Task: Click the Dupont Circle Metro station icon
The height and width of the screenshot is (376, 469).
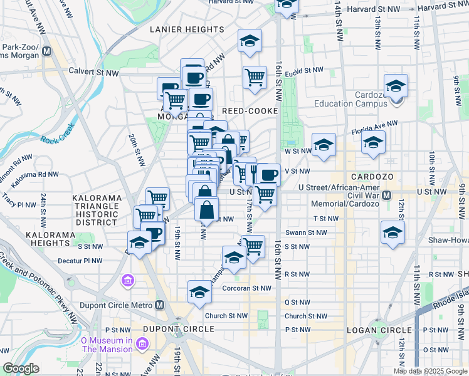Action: [160, 305]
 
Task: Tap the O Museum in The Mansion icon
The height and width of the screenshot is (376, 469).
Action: [142, 343]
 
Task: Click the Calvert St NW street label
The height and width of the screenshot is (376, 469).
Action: [94, 73]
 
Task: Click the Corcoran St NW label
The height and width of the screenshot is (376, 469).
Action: [247, 288]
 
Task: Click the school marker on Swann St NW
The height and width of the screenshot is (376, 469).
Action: [393, 233]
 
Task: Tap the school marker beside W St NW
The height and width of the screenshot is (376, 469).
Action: [323, 144]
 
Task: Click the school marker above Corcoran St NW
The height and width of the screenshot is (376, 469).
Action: [199, 291]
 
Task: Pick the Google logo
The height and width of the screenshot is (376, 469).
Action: [21, 368]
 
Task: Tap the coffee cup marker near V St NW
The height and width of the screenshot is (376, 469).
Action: [269, 174]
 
